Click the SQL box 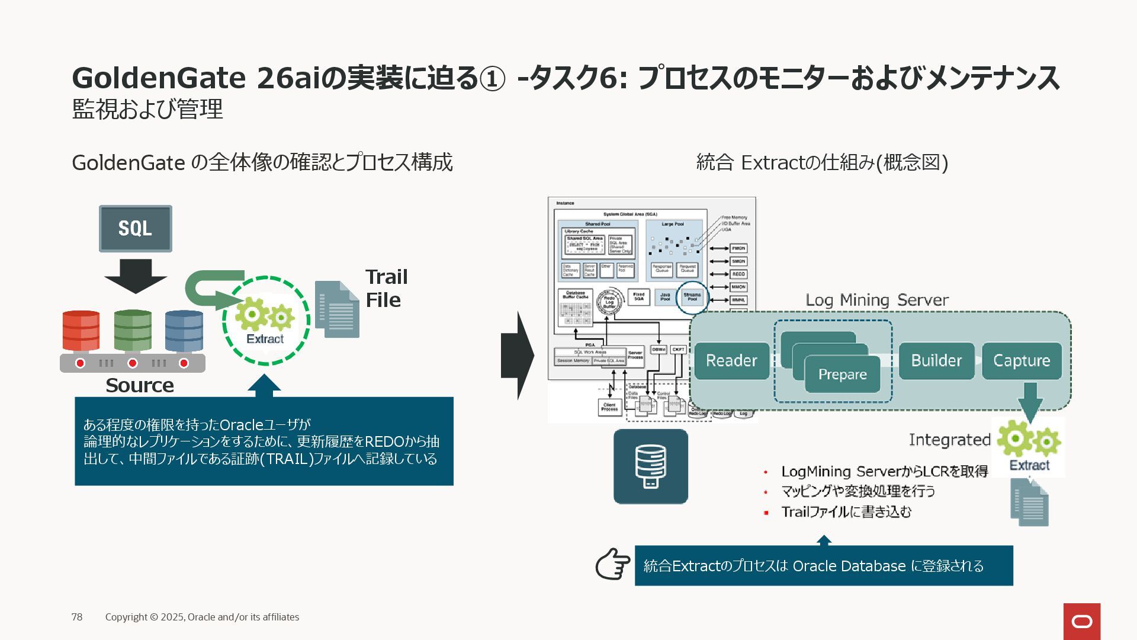pos(135,229)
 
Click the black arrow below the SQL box pos(136,276)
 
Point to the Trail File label pos(386,288)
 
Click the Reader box pos(731,360)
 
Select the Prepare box pos(842,375)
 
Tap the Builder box pos(936,360)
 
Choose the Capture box pos(1022,360)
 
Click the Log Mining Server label pos(876,300)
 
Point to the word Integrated pos(949,440)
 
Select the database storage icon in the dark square pos(650,466)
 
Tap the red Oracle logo pos(1082,621)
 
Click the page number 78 pos(77,617)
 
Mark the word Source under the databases pos(140,385)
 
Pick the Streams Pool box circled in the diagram pos(692,297)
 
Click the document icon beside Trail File pos(338,309)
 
